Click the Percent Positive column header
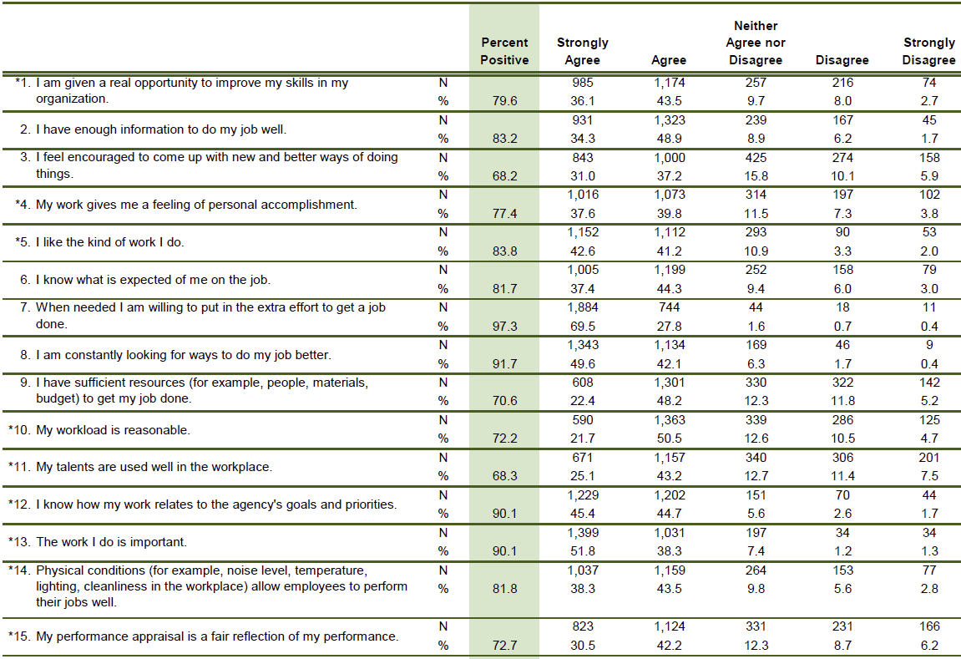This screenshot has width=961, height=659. (504, 51)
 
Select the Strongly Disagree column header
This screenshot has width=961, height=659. (928, 51)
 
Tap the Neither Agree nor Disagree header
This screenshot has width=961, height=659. (756, 43)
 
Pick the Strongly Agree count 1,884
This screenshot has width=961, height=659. (582, 307)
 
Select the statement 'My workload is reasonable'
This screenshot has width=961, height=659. (113, 430)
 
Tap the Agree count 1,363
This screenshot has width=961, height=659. (669, 420)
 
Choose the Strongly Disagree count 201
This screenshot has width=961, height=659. (929, 458)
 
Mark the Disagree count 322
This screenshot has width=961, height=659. (842, 383)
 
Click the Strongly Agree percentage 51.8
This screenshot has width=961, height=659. (582, 551)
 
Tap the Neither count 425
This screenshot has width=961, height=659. (756, 157)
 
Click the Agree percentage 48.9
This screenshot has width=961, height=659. (669, 139)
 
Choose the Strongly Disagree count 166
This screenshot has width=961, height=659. (929, 626)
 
